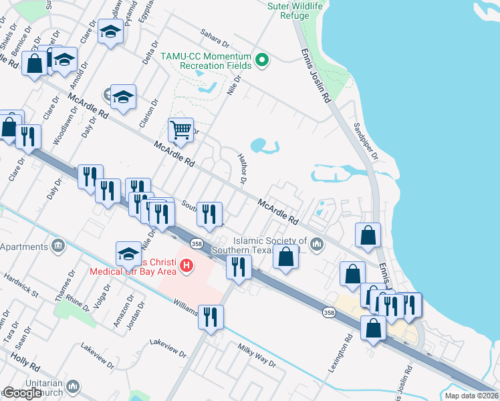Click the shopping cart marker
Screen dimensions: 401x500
(x=180, y=130)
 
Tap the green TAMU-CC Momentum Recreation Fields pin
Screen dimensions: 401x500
(x=263, y=61)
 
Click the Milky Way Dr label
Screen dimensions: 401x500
(x=257, y=354)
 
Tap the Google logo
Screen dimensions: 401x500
(x=22, y=393)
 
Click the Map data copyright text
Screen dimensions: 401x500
(x=471, y=396)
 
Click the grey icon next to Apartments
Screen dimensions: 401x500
(x=58, y=246)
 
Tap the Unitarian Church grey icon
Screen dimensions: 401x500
(x=73, y=386)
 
